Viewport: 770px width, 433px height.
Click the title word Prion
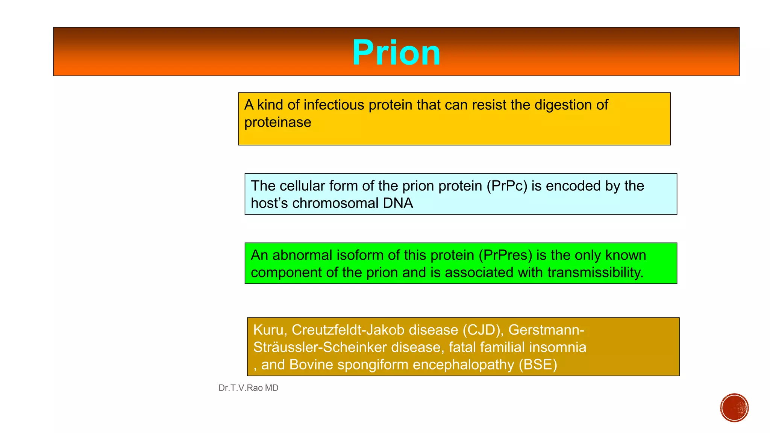pyautogui.click(x=396, y=53)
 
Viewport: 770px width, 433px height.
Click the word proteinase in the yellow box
pyautogui.click(x=277, y=123)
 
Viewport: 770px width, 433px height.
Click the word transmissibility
pyautogui.click(x=595, y=273)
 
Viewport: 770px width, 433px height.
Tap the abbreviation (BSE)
pyautogui.click(x=538, y=365)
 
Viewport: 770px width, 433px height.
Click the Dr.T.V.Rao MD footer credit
pyautogui.click(x=248, y=388)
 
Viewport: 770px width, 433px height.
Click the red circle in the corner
pyautogui.click(x=734, y=408)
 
